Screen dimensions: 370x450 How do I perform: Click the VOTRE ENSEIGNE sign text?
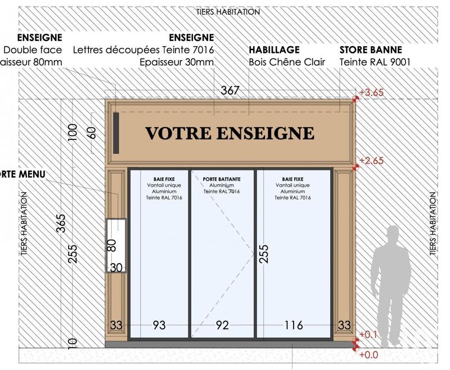229,133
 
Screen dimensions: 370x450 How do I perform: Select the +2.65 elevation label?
372,161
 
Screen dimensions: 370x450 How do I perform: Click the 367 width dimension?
230,91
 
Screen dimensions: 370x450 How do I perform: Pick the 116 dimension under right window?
294,325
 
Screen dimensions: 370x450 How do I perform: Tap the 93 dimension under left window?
159,325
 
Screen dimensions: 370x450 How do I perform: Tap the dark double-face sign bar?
115,132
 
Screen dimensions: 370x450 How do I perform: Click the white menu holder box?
115,245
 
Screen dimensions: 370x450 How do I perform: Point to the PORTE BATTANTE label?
222,179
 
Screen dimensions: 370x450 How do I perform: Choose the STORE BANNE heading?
371,50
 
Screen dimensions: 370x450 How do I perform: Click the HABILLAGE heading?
274,50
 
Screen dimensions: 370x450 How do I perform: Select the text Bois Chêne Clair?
287,62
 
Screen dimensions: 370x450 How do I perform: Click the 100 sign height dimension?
73,133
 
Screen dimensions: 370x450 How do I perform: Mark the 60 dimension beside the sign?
92,133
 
